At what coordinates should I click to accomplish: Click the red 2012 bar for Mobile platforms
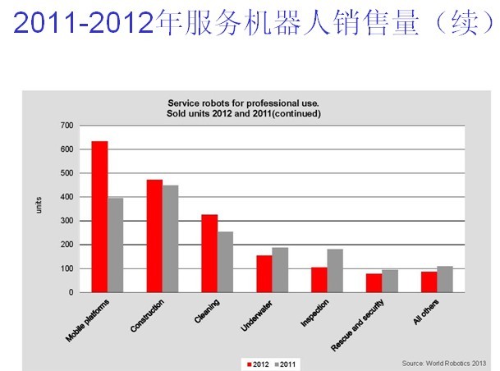click(99, 217)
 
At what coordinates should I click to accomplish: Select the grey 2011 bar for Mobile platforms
click(115, 245)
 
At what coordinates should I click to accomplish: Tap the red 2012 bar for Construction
click(154, 236)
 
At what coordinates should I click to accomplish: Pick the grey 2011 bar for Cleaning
click(225, 262)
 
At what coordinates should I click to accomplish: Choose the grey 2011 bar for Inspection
click(334, 270)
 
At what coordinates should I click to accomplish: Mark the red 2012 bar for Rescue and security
click(374, 282)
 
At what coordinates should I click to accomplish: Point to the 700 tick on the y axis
click(67, 126)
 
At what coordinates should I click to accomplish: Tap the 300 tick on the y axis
click(67, 221)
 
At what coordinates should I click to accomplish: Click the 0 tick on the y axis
click(71, 292)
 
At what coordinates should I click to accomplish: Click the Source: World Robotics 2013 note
click(444, 363)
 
